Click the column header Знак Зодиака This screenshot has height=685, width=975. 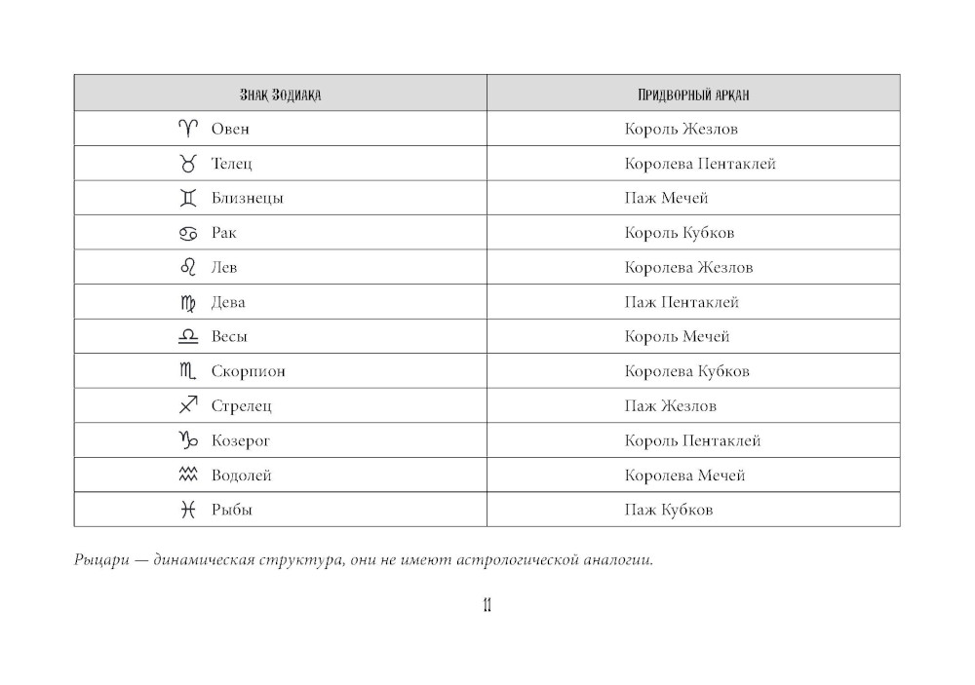pos(281,95)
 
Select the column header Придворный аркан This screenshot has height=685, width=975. pos(692,95)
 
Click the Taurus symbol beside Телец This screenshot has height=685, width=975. pos(188,163)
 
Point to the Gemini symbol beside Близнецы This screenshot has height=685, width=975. pos(188,198)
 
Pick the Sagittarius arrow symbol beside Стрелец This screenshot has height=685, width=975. pos(188,405)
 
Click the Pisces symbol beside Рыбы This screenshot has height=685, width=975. pos(188,510)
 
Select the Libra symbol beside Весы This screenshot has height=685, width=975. pos(188,336)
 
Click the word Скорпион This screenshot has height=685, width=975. pos(249,371)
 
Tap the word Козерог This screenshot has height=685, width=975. pos(241,440)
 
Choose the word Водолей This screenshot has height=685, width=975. pos(241,476)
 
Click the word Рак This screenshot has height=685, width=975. pos(224,233)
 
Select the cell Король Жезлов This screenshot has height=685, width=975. pos(682,129)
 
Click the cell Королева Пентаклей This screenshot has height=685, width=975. pos(700,164)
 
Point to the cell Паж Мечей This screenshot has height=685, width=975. pos(666,198)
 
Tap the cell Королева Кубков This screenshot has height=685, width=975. pos(687,371)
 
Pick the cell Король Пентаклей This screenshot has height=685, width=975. pos(692,440)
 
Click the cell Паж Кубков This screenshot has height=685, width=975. pos(669,510)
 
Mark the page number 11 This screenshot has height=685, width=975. pos(487,606)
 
